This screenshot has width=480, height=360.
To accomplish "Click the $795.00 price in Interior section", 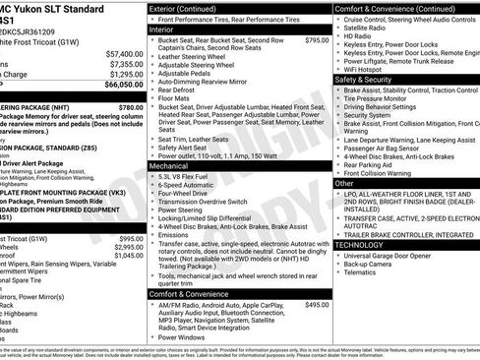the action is tap(317, 41).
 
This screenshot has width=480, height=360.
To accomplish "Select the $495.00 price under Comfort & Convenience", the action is tap(317, 305).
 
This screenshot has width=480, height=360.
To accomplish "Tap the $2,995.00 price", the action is tap(130, 247).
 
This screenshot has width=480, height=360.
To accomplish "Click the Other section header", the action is tap(344, 183).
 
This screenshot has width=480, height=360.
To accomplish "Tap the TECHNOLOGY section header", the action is tap(366, 244).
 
